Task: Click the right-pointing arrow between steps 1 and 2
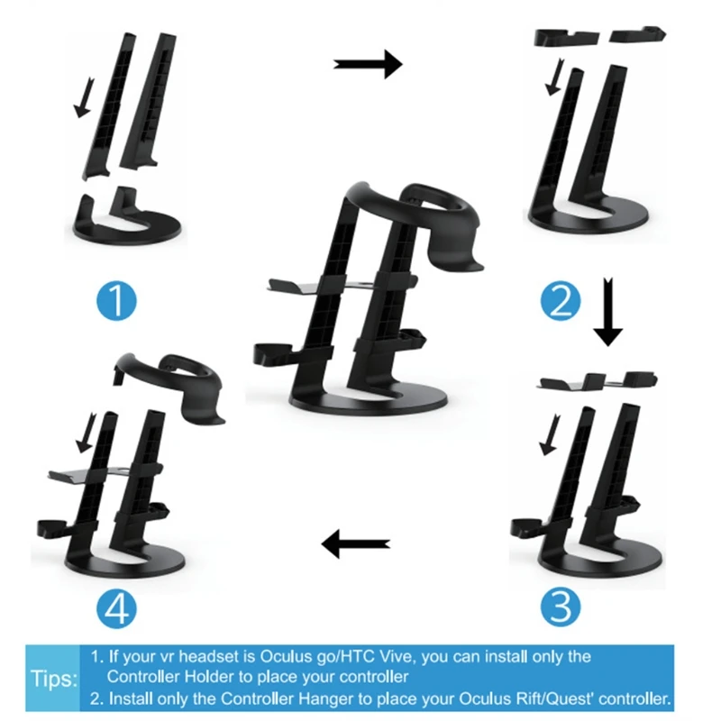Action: [x=368, y=63]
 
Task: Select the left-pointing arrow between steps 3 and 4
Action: [x=357, y=543]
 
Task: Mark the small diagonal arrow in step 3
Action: [x=545, y=439]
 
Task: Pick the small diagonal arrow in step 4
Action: [x=87, y=437]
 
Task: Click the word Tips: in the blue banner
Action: [x=53, y=677]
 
